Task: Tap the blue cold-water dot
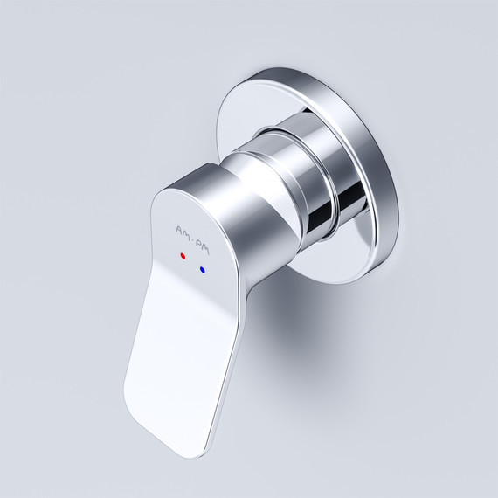coord(203,270)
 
